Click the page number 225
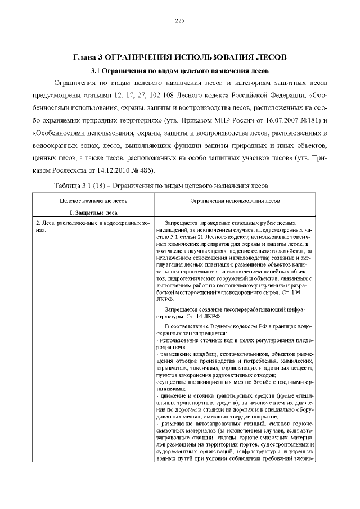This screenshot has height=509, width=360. (x=180, y=21)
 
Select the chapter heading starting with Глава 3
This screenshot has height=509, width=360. (x=180, y=57)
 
